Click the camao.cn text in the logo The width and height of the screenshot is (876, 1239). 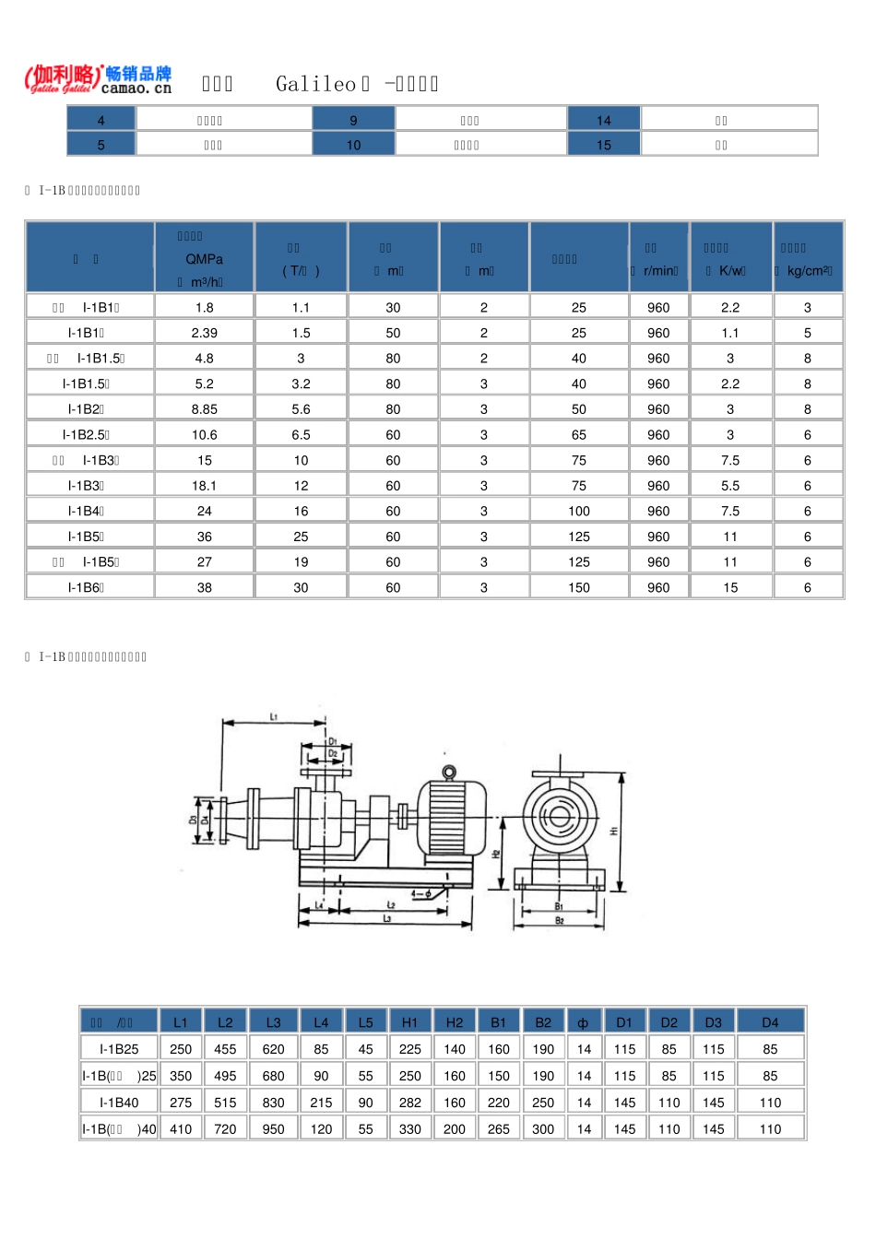(136, 88)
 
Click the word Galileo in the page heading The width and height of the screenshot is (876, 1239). (315, 84)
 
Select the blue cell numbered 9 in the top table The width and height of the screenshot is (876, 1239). (353, 120)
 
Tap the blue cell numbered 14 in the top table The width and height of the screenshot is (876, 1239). (603, 120)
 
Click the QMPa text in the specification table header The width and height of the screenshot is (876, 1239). (204, 259)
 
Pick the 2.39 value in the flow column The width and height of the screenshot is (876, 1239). (204, 333)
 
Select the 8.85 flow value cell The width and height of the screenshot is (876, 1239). (204, 409)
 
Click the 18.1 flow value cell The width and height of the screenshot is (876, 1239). (204, 486)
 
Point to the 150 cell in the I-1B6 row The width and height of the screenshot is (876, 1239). (578, 587)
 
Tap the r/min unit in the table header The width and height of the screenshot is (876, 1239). (659, 271)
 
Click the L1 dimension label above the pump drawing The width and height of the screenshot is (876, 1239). (274, 716)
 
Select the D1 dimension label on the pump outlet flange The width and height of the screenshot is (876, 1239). (333, 741)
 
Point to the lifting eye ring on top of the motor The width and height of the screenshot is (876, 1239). (449, 772)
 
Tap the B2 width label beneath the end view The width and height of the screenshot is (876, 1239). (559, 920)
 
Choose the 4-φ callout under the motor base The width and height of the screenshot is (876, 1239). (421, 892)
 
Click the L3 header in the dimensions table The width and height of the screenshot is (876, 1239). (273, 1022)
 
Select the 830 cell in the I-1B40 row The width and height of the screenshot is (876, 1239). (273, 1103)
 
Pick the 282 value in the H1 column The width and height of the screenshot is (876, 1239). (409, 1103)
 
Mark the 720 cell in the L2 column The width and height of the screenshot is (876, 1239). (225, 1129)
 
